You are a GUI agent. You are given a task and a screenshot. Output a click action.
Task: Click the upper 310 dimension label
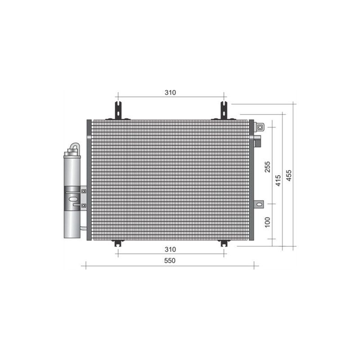(x=170, y=93)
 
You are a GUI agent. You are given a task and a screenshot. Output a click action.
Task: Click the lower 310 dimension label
(x=170, y=249)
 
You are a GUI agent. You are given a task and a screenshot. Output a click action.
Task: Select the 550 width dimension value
(x=170, y=261)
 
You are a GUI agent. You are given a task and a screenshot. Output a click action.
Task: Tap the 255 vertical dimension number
(x=267, y=167)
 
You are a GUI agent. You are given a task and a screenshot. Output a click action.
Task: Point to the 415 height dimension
(x=278, y=180)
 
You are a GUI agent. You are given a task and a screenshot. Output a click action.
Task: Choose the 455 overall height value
(x=289, y=175)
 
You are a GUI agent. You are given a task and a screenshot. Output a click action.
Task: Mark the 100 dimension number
(x=267, y=222)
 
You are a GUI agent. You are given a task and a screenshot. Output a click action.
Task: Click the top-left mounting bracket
(x=118, y=110)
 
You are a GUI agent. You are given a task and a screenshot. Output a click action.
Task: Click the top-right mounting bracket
(x=224, y=110)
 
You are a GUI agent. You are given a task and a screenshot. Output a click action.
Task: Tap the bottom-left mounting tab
(x=118, y=243)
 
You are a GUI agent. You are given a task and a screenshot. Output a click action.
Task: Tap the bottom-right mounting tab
(x=224, y=243)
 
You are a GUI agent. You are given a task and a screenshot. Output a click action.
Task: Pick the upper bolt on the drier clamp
(x=84, y=191)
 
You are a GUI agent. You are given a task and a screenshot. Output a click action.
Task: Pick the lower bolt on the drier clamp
(x=84, y=206)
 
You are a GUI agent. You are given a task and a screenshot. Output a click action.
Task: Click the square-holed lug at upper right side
(x=260, y=127)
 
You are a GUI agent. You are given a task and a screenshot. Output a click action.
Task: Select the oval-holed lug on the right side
(x=259, y=204)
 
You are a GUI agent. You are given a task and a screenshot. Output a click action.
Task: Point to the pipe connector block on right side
(x=258, y=140)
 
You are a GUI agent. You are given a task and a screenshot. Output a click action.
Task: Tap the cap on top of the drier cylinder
(x=72, y=154)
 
